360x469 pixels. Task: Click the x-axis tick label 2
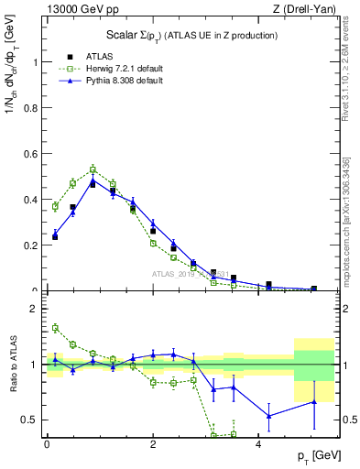coord(153,442)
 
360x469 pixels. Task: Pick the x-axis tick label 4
coord(259,442)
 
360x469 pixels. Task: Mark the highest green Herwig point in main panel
coord(93,169)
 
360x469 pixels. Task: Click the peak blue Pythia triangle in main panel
coord(93,181)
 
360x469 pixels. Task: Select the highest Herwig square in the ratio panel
coord(55,328)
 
